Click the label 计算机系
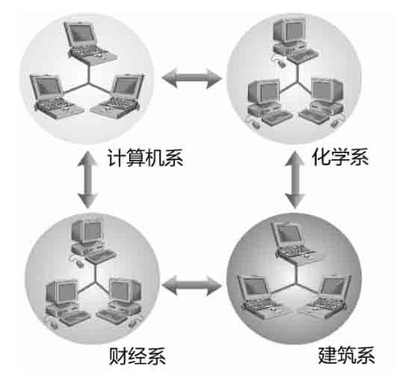point(146,158)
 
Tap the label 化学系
point(340,157)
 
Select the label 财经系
point(137,356)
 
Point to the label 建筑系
point(347,356)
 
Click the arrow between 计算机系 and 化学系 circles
point(192,78)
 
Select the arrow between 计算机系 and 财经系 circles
point(87,180)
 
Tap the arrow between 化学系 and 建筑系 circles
point(295,180)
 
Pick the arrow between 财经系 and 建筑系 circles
point(192,285)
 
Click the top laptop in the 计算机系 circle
point(90,43)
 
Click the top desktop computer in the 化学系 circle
point(294,42)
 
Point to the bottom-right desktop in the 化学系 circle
point(323,102)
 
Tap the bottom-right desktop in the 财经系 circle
point(120,302)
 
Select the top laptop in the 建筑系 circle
point(296,244)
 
